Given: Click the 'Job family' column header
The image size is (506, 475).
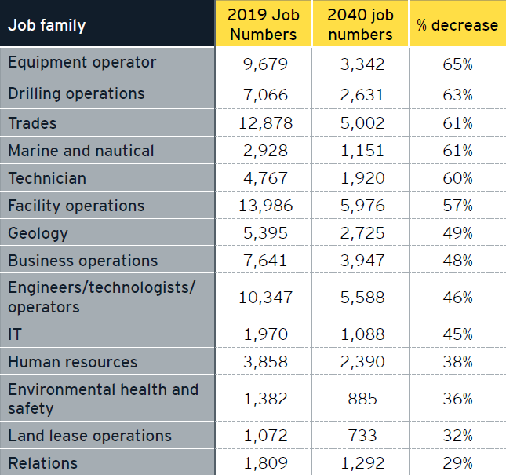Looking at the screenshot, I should coord(47,25).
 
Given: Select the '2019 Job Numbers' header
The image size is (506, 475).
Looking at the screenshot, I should coord(263,25).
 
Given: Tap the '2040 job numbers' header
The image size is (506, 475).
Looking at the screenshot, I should coord(360,25).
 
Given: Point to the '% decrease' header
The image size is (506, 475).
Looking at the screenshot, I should coord(457,25).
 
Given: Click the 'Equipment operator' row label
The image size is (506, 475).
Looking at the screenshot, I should coord(82,63).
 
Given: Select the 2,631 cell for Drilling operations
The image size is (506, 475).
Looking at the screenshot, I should coord(362,95).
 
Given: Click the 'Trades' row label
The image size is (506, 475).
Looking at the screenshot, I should coord(32,123).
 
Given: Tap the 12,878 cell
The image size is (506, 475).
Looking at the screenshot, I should coord(264,123).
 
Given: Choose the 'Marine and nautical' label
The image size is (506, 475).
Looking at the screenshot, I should coord(81,151).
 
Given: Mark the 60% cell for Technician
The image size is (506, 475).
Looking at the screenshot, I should coord(457,178).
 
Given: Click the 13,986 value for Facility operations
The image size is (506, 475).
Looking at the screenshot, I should coord(264,206).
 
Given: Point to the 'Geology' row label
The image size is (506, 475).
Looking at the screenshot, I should coord(38,233).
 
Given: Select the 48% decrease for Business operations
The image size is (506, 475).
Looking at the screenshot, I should coord(457,261).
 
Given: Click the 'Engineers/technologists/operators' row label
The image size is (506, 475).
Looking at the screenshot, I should coord(100,297).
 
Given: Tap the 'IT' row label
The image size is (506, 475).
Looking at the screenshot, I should coord(15,334).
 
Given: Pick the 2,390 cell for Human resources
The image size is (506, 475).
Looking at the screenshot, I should coord(362,362).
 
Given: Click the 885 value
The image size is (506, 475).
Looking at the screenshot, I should coord(362,399).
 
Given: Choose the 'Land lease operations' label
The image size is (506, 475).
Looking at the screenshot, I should coord(89,436).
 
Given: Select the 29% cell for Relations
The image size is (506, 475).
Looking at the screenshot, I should coord(457,463).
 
